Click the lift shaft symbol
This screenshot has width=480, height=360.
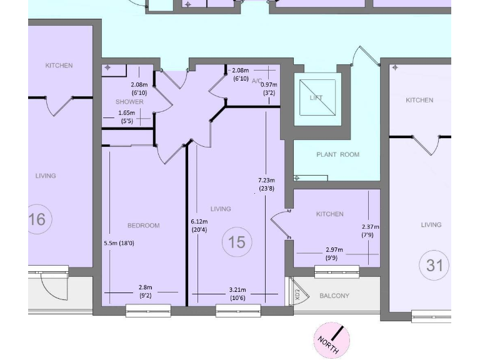(321, 98)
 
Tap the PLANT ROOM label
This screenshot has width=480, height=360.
(337, 154)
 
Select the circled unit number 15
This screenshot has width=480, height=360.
(237, 241)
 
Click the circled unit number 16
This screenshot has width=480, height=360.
(37, 219)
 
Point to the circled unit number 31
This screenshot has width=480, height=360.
(434, 265)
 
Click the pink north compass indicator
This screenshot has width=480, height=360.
(331, 341)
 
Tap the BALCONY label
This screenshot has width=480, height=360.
(334, 296)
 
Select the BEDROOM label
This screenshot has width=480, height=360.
(143, 226)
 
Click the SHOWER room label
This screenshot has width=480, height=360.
(129, 101)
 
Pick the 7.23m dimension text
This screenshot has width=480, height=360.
(266, 184)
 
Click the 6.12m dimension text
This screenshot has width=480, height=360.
(199, 225)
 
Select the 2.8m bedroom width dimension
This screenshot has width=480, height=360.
(145, 291)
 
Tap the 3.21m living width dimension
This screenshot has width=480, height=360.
(237, 294)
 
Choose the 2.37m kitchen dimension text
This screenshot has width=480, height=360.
(371, 231)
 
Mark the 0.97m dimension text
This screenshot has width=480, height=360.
(269, 89)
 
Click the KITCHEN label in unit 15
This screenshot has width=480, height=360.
(329, 214)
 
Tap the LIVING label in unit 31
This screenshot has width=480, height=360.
(431, 224)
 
